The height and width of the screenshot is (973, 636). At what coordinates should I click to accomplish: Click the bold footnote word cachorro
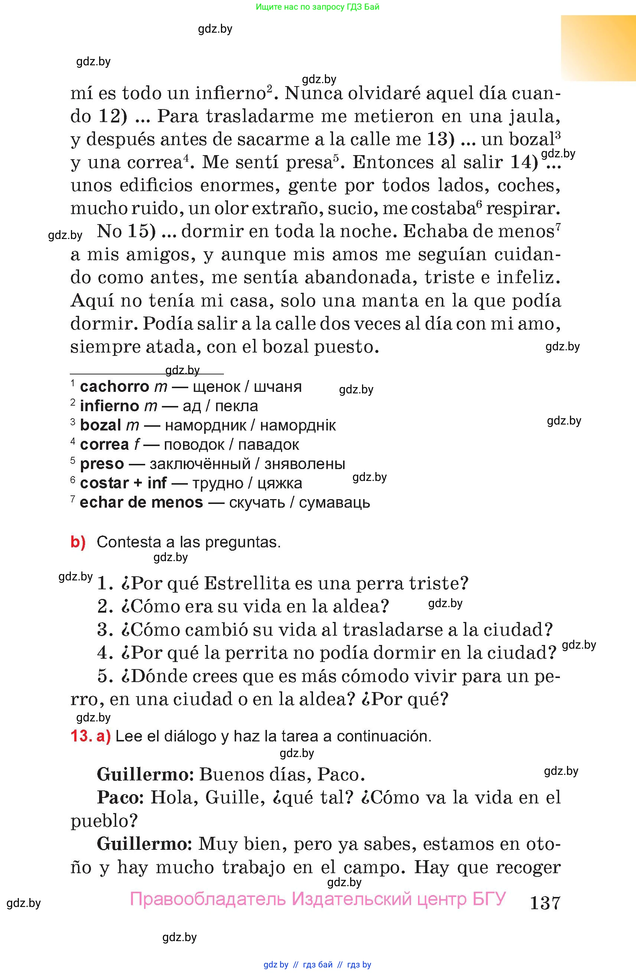114,387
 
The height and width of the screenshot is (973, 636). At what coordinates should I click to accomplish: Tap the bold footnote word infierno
110,406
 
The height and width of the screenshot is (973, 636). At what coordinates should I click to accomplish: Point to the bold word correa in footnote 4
104,445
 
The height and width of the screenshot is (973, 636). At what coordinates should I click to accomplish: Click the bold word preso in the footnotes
102,464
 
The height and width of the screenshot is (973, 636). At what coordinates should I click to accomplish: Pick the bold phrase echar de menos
141,502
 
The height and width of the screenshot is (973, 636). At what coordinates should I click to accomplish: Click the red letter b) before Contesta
78,542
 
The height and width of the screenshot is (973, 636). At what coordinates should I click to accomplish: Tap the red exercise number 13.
81,736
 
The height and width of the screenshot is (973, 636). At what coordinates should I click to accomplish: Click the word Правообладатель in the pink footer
208,899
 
